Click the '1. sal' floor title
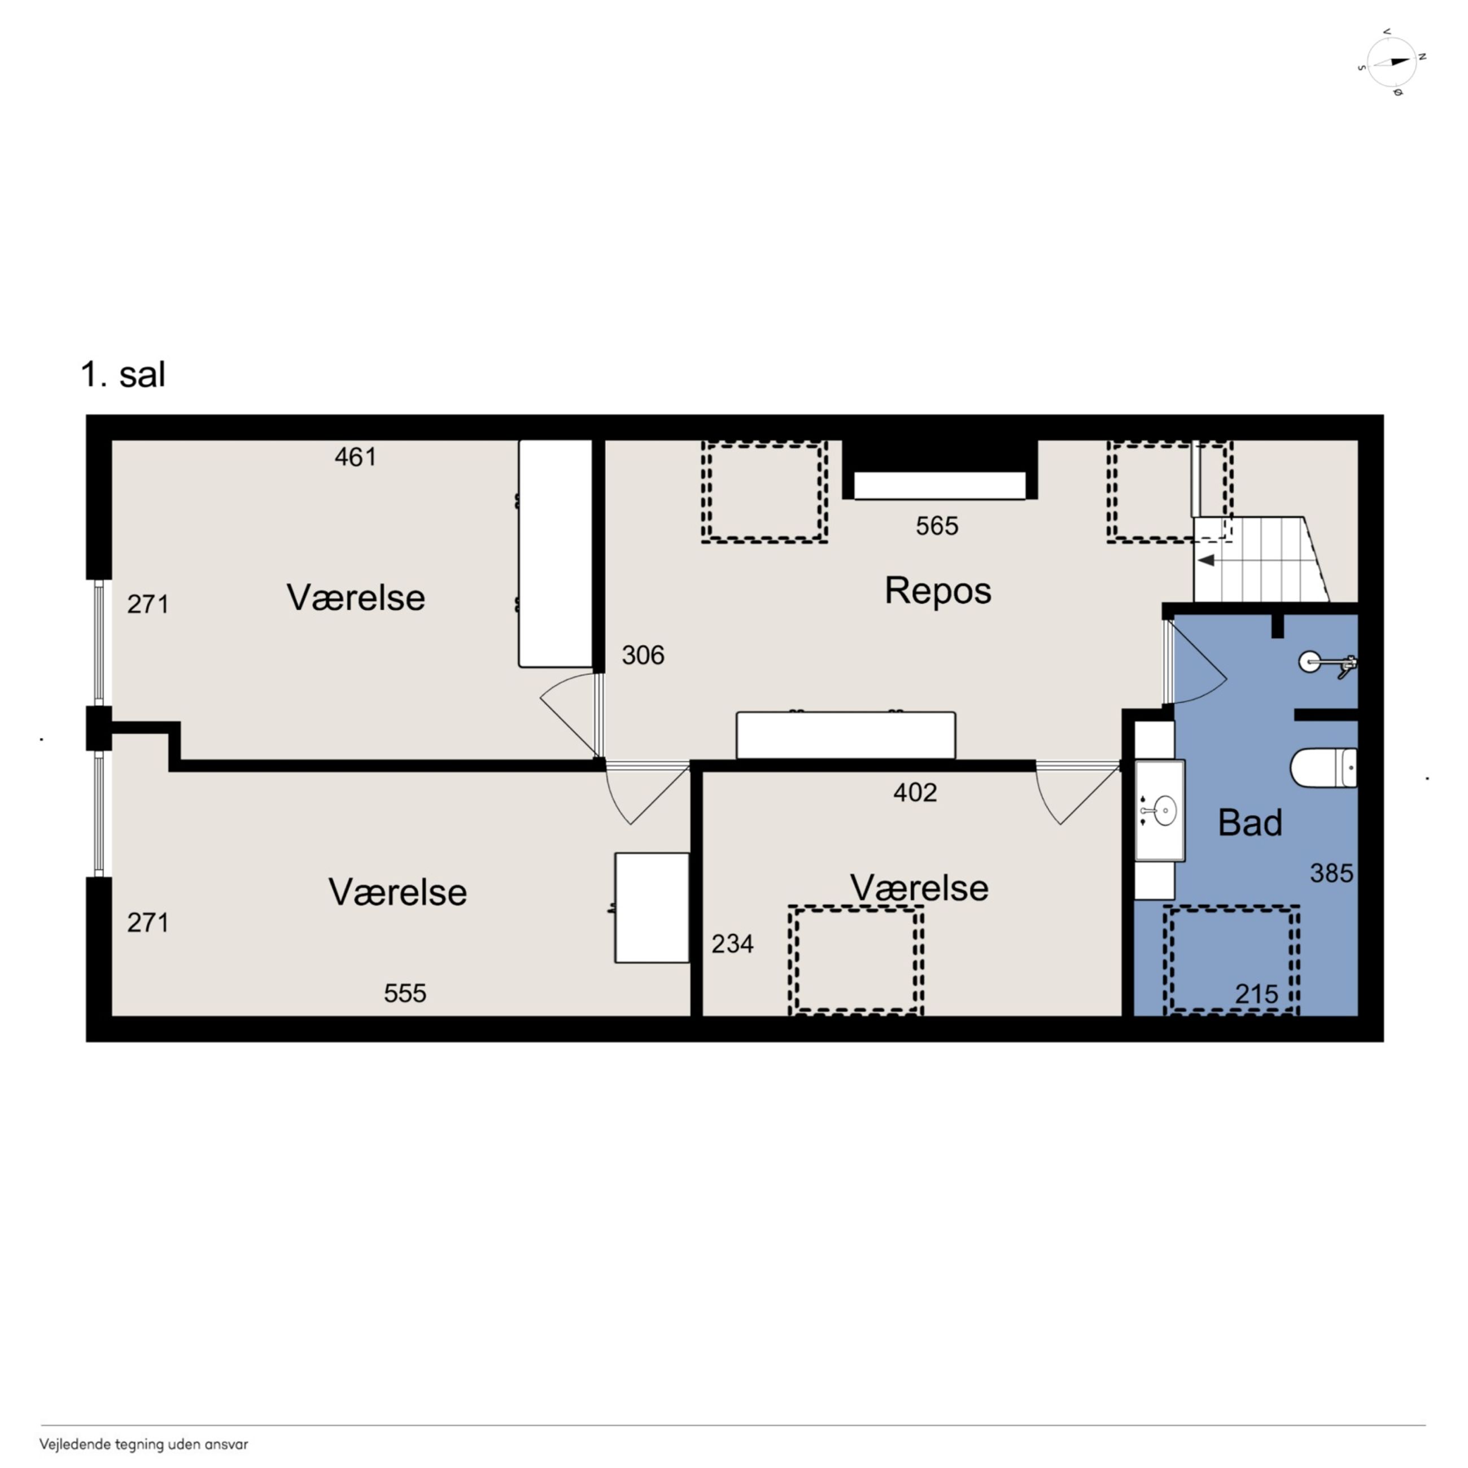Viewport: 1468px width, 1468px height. (x=123, y=374)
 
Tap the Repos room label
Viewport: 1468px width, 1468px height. (x=938, y=591)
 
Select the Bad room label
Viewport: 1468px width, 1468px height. (x=1250, y=822)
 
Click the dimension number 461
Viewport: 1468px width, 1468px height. (x=356, y=457)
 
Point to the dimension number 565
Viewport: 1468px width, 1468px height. (x=937, y=526)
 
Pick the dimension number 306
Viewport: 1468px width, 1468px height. (x=643, y=655)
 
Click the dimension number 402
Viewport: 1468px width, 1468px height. (x=915, y=793)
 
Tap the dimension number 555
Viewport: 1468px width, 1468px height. (x=405, y=993)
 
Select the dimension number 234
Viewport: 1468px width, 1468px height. (x=732, y=943)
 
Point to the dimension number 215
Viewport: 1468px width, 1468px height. (x=1257, y=994)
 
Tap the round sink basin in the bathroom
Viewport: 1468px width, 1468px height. (x=1164, y=811)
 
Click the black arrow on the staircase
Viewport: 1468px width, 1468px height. (x=1206, y=561)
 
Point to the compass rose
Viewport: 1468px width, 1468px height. (x=1391, y=62)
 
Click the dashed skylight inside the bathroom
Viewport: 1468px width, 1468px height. (x=1230, y=960)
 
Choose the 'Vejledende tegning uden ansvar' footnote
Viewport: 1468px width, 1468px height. (x=143, y=1444)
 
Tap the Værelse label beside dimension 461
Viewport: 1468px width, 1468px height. (x=356, y=598)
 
